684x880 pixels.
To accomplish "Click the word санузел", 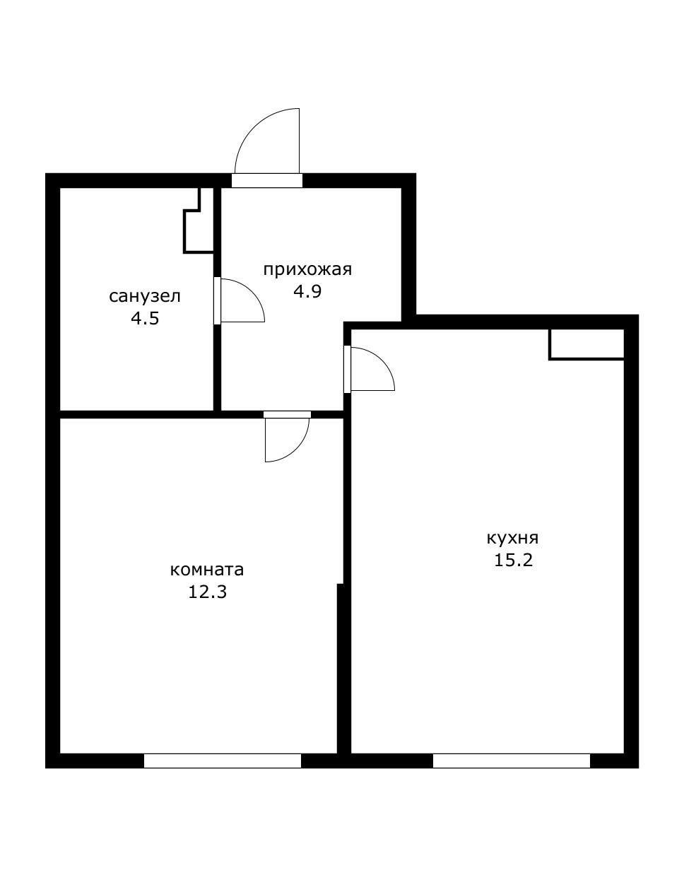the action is pyautogui.click(x=144, y=297).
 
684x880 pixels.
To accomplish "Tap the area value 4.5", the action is pyautogui.click(x=145, y=319).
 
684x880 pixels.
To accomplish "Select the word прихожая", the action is pyautogui.click(x=307, y=269).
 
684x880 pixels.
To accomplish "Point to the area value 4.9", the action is pyautogui.click(x=307, y=291).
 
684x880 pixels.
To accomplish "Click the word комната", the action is pyautogui.click(x=207, y=570).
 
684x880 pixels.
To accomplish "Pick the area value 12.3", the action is pyautogui.click(x=207, y=592).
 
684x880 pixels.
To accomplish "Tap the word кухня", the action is pyautogui.click(x=512, y=539).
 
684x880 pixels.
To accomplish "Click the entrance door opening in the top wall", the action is pyautogui.click(x=266, y=181).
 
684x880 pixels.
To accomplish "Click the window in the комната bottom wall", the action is pyautogui.click(x=223, y=761).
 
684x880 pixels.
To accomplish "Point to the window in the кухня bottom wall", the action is pyautogui.click(x=512, y=761).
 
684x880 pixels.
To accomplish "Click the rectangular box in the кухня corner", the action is pyautogui.click(x=586, y=344).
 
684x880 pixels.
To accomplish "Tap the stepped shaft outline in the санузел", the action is pyautogui.click(x=199, y=221).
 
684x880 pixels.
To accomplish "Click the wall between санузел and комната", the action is pyautogui.click(x=137, y=414).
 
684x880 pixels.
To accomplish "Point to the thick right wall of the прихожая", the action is pyautogui.click(x=409, y=251).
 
